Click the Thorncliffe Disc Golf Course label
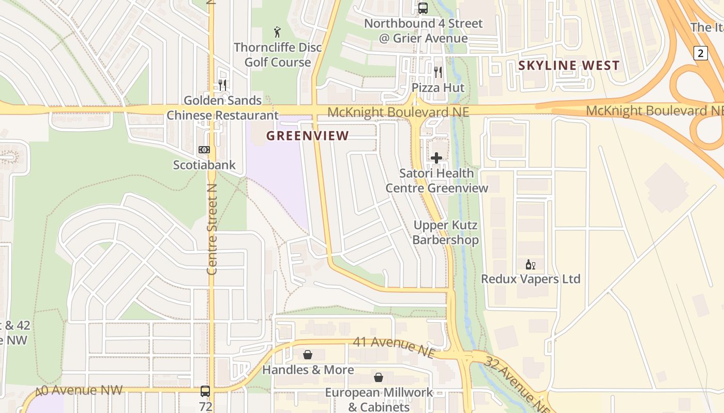click(278, 55)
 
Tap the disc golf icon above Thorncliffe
click(277, 32)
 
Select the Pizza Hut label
click(438, 88)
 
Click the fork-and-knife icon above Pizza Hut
click(438, 72)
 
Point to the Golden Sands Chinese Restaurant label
click(222, 107)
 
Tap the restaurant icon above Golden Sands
click(222, 85)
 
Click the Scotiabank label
click(204, 165)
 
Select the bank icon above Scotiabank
click(204, 150)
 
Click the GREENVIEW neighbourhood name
click(308, 136)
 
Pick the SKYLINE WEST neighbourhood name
click(569, 66)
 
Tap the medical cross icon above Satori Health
click(436, 158)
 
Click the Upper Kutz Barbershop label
click(445, 233)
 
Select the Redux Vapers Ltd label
click(531, 279)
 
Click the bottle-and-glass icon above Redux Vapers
click(530, 265)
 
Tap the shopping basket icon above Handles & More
click(308, 355)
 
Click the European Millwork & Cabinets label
click(379, 400)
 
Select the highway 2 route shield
click(700, 53)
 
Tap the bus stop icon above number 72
click(205, 391)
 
